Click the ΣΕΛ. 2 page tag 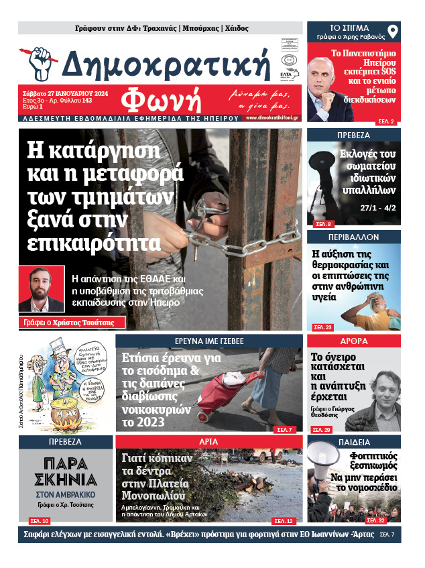point(387,121)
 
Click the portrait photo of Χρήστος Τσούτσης point(42,289)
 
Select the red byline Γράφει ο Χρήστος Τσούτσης point(66,323)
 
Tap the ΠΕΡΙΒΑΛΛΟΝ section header point(353,237)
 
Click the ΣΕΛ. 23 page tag point(323,327)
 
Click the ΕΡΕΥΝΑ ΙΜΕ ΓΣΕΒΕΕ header point(209,341)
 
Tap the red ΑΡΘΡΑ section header point(353,341)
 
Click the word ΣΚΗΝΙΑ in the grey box point(66,479)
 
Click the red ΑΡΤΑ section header point(209,441)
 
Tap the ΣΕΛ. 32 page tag point(377,520)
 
